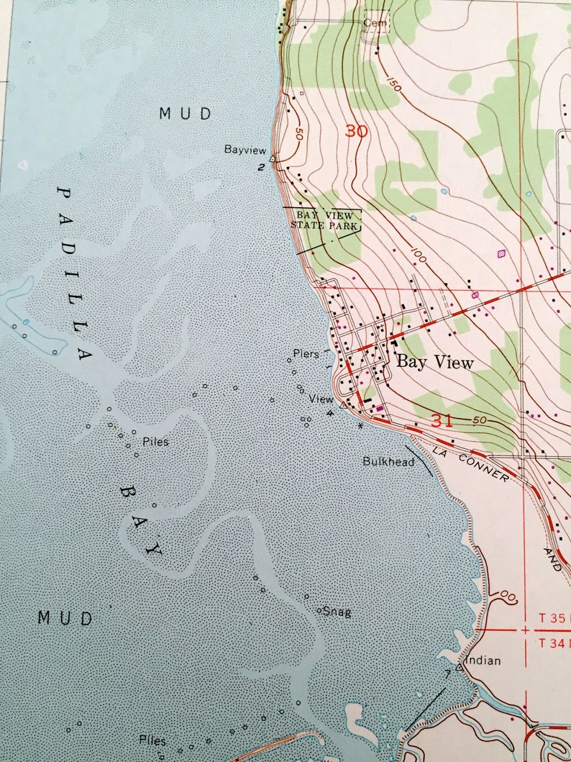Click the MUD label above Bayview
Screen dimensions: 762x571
(186, 114)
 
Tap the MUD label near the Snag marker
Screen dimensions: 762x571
(65, 618)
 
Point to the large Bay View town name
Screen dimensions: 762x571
(435, 363)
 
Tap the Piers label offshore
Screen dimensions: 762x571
(306, 354)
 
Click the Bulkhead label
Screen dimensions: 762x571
(388, 462)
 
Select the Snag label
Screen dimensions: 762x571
(337, 612)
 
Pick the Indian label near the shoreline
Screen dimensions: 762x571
(483, 661)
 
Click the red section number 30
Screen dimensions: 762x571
(356, 131)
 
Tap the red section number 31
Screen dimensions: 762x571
(442, 421)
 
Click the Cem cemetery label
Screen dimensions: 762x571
(375, 23)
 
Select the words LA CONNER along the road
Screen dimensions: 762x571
(470, 465)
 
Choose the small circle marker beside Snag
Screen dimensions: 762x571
(319, 610)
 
